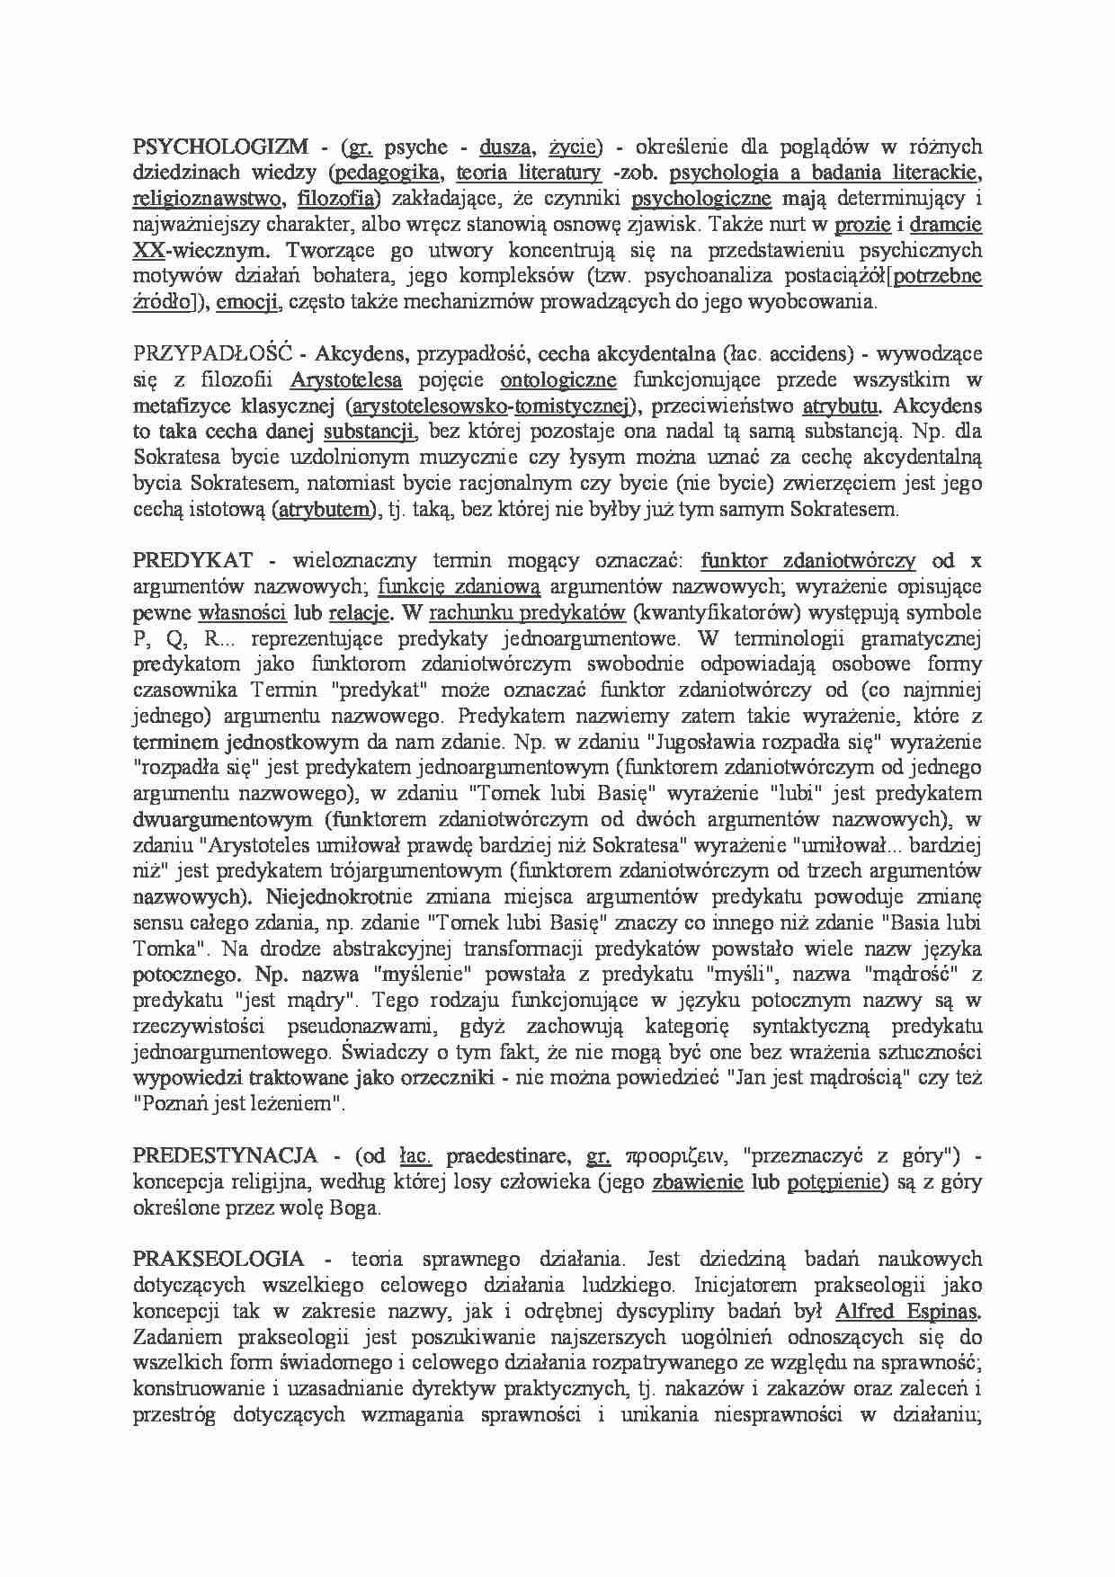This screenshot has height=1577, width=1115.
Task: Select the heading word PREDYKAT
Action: (x=192, y=561)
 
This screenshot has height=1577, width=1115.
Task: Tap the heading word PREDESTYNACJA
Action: (x=225, y=1155)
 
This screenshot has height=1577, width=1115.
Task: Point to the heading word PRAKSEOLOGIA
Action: (x=219, y=1260)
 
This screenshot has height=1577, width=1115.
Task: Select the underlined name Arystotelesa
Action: (x=345, y=379)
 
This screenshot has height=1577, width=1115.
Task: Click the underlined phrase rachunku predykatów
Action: (x=527, y=613)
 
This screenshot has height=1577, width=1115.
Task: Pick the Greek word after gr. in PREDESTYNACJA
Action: (x=677, y=1156)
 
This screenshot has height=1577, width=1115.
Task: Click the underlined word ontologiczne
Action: (x=557, y=379)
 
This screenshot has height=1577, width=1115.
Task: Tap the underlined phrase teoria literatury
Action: (x=528, y=173)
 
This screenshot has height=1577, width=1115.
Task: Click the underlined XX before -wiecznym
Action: (x=147, y=250)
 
